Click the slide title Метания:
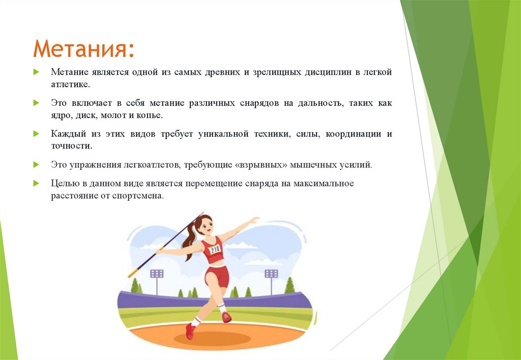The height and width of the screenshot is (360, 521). click(x=84, y=49)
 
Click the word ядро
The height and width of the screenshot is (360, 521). click(x=61, y=115)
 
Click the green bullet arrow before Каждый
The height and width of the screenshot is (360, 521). click(x=36, y=134)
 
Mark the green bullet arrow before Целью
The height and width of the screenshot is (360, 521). click(x=36, y=183)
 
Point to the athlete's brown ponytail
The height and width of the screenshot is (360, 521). click(x=190, y=238)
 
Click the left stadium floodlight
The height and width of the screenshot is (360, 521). click(x=157, y=274)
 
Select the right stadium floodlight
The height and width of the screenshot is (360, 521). click(x=271, y=274)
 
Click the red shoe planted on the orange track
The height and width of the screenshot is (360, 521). click(x=190, y=331)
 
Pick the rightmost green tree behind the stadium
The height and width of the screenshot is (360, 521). click(x=290, y=286)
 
